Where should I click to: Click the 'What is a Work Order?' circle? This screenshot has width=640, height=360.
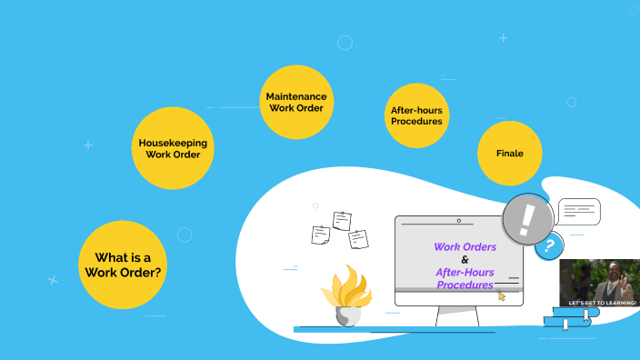click(123, 265)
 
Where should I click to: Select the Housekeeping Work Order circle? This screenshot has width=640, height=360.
click(173, 148)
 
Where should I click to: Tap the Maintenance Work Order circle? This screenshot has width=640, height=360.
click(296, 102)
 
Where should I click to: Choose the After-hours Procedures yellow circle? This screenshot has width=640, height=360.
click(417, 115)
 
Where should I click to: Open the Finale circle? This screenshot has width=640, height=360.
click(509, 153)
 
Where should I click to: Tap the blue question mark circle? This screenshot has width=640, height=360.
click(548, 245)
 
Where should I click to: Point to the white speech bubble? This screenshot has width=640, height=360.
click(578, 211)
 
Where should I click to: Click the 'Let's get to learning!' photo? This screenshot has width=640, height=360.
click(599, 283)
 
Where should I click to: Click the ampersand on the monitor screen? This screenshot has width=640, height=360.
click(465, 259)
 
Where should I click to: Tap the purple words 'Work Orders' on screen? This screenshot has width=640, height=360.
click(465, 246)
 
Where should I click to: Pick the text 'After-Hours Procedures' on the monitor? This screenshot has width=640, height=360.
click(465, 278)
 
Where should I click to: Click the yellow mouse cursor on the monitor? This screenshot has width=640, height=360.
click(501, 295)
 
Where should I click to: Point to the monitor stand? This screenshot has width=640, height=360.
click(457, 315)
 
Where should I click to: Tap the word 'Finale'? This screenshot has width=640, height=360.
click(509, 154)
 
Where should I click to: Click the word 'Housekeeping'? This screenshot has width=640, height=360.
click(173, 143)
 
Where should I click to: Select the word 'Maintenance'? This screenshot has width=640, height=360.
click(296, 95)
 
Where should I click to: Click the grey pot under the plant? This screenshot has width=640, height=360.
click(347, 315)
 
